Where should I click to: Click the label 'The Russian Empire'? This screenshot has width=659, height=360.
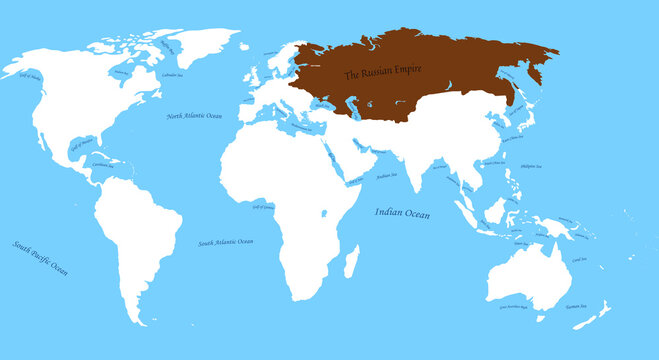(x=383, y=74)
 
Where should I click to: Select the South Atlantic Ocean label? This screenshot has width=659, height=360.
(x=225, y=242)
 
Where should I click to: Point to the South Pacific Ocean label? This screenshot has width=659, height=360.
(x=40, y=257)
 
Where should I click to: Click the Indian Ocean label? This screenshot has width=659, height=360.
(x=403, y=212)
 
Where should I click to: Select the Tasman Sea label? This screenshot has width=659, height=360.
(x=575, y=307)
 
